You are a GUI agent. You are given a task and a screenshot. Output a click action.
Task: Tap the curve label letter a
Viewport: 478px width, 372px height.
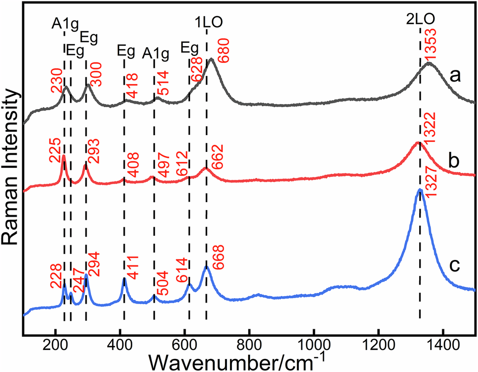coord(456,76)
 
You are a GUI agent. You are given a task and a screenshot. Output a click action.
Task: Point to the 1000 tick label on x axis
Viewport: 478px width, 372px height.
coord(313,347)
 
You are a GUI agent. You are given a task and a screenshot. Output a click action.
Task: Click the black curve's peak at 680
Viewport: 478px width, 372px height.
coord(212,59)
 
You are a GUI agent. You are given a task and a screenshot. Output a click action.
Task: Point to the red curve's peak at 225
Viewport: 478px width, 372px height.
coord(63,156)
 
